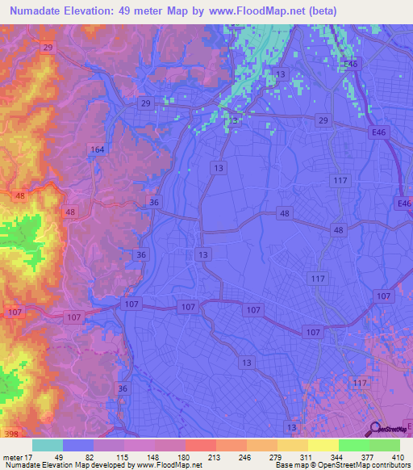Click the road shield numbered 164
point(98,149)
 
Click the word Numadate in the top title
point(40,10)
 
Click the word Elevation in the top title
point(102,10)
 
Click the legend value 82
point(94,457)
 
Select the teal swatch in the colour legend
point(48,445)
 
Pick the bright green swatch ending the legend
point(385,445)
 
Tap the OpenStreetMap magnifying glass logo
point(375,429)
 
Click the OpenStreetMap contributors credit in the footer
point(366,465)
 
